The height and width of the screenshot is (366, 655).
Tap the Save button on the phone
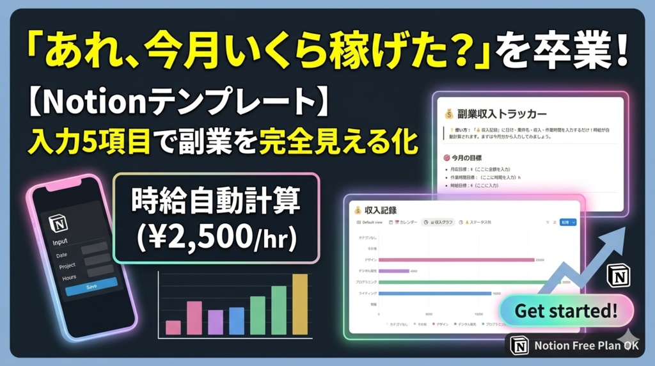91,285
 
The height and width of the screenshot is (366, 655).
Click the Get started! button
566,312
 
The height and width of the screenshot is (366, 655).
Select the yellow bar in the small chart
300,304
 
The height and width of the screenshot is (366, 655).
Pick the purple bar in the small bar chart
216,322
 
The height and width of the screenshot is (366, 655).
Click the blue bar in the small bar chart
237,321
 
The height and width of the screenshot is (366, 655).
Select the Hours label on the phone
70,277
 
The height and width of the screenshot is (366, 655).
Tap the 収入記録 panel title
381,209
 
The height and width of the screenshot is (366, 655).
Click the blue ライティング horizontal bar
434,293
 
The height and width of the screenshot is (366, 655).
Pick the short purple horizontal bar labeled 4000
393,271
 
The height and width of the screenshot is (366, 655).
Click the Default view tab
371,222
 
